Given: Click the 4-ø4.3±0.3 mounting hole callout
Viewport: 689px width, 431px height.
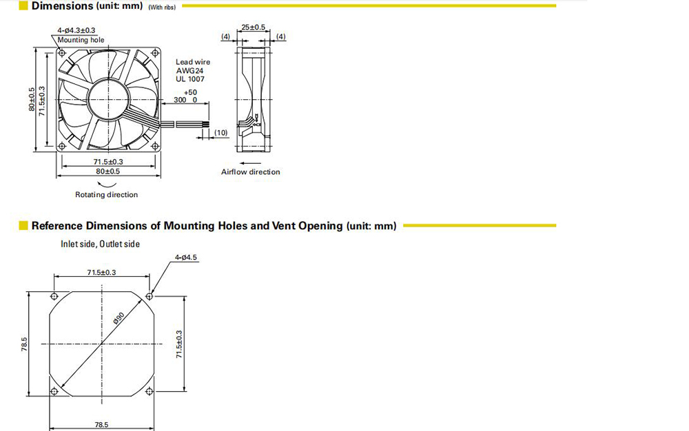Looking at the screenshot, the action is click(x=76, y=30).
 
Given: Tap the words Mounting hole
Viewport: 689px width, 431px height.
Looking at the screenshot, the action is click(x=81, y=40).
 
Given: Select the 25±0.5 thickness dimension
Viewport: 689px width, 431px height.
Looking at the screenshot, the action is click(x=253, y=28).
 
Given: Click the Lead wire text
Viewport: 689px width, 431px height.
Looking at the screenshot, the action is click(x=193, y=63).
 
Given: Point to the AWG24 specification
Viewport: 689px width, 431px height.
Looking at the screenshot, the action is click(x=190, y=71).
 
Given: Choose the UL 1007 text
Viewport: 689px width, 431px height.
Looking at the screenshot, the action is click(x=190, y=79).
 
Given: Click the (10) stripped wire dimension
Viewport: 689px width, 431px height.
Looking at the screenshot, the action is click(x=221, y=133).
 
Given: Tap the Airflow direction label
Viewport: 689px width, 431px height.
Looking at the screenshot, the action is click(x=251, y=172).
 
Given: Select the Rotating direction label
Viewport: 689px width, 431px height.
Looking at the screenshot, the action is click(x=106, y=194).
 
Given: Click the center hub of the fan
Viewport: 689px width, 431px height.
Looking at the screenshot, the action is click(x=109, y=100).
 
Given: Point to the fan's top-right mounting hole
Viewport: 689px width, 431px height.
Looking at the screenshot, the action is click(x=154, y=53).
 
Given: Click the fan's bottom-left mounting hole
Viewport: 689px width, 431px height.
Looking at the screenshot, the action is click(x=62, y=146).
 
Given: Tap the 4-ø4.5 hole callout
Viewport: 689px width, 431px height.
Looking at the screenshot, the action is click(x=186, y=257).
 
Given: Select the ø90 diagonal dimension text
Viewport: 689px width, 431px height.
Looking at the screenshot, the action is click(x=119, y=318).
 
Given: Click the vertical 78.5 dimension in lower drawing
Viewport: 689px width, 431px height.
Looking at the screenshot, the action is click(x=24, y=344).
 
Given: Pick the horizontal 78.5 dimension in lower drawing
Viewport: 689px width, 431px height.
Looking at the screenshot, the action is click(x=101, y=424).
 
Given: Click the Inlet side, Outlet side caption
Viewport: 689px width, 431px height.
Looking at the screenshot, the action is click(x=100, y=244).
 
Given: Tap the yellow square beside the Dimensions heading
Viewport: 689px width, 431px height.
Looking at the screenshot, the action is click(x=23, y=6).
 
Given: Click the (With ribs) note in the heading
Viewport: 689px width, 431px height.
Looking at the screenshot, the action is click(x=162, y=8).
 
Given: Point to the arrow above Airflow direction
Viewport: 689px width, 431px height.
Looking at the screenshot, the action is click(x=251, y=164).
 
